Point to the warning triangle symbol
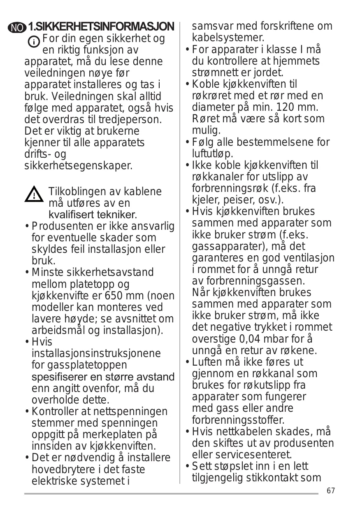pos(34,195)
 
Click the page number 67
pos(330,491)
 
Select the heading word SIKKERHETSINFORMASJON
pos(105,27)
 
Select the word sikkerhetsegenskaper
pos(78,166)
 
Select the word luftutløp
pos(212,154)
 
